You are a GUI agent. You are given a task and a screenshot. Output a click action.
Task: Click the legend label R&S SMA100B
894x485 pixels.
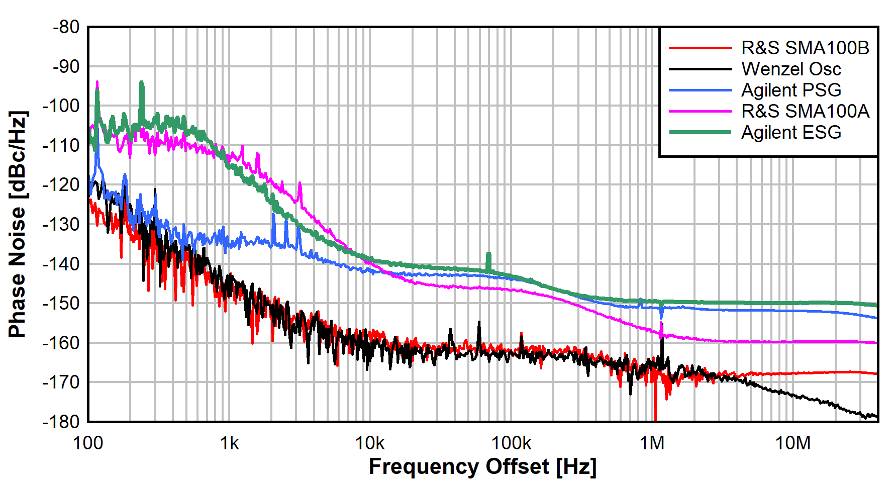(x=805, y=48)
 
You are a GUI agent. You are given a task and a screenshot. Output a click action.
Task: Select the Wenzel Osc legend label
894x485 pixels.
(x=791, y=69)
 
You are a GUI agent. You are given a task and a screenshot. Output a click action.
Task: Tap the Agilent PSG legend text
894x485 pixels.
(x=791, y=90)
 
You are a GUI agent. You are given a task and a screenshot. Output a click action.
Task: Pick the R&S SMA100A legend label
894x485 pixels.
(x=805, y=111)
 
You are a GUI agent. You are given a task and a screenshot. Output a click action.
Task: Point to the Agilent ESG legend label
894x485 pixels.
(x=791, y=132)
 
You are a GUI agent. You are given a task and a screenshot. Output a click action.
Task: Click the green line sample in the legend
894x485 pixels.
(x=700, y=132)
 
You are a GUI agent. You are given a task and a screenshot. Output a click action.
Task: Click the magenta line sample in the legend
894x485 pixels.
(x=700, y=111)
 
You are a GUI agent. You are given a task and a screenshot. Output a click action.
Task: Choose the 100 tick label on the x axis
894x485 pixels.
(x=88, y=443)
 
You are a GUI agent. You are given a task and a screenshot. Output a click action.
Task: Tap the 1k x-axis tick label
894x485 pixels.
(x=229, y=443)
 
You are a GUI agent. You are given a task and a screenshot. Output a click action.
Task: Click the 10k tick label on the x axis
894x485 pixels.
(x=370, y=443)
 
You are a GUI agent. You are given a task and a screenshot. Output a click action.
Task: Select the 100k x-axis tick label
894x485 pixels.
(x=511, y=443)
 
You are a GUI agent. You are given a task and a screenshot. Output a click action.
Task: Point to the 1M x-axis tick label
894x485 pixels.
(x=652, y=443)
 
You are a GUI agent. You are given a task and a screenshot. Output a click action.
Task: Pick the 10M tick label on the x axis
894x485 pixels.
(x=793, y=443)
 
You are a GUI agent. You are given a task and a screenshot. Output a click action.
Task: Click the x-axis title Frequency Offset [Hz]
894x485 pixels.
(x=482, y=467)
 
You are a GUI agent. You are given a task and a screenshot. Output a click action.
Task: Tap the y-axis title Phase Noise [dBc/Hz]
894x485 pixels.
(x=18, y=224)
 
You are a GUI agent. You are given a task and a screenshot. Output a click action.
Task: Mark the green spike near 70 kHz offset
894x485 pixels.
(x=488, y=260)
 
